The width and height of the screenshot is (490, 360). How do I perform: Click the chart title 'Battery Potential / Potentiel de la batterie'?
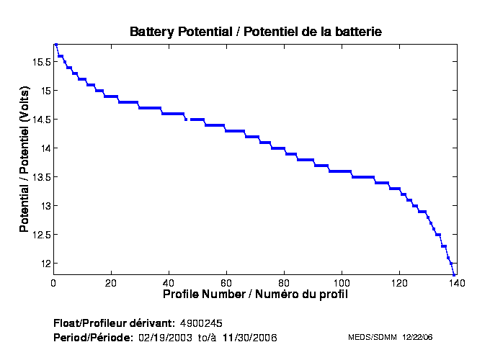point(255,32)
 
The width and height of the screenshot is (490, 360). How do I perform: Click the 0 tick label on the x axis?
point(54,282)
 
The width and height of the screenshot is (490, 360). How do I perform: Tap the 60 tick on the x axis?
point(226,282)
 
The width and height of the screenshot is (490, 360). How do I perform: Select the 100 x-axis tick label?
point(342,282)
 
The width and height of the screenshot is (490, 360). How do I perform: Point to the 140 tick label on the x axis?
point(456,282)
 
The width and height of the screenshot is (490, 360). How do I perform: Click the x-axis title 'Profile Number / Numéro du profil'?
point(255,294)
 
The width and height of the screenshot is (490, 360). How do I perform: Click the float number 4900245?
point(206,322)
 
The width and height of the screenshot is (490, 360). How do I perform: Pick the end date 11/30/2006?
point(249,337)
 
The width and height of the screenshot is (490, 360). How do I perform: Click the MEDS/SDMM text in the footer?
point(368,337)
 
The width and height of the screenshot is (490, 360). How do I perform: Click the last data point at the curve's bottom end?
point(454,274)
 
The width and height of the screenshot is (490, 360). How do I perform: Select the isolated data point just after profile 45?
point(186,120)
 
